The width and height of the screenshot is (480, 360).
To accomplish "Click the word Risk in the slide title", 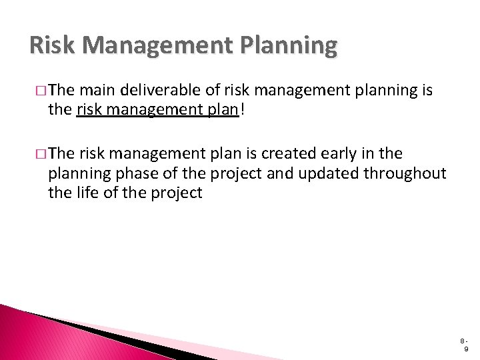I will (51, 46).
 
